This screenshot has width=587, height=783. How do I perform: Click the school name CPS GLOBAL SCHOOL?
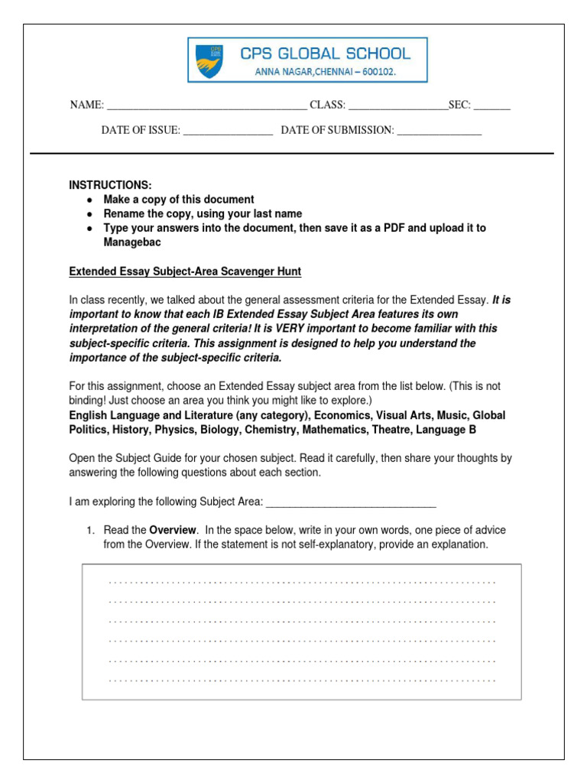point(325,54)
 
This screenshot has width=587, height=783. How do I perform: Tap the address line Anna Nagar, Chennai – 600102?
point(325,73)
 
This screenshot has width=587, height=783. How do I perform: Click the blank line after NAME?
point(206,106)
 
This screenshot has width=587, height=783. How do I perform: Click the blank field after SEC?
point(491,106)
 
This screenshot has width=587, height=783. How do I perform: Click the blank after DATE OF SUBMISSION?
point(439,132)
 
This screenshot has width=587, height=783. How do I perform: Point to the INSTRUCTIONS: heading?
point(110,185)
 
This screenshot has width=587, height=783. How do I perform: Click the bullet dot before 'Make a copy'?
point(90,200)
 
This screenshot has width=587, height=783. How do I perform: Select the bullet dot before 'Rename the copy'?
point(90,214)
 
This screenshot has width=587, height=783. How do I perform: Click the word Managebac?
point(134,242)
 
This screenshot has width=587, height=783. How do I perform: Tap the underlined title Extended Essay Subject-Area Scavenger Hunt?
point(185,271)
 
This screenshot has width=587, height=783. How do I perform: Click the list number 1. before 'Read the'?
point(89,531)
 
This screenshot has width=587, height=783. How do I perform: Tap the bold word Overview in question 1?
point(173,531)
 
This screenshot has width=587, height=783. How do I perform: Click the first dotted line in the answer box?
point(302,582)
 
